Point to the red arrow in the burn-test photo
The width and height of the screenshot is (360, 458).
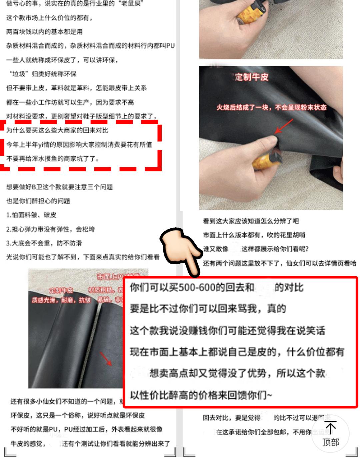283,127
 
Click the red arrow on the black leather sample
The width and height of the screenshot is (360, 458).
106,359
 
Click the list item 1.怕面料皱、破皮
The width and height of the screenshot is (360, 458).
31,215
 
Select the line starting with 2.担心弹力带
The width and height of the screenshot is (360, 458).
50,229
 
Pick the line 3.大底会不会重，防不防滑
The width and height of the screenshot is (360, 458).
44,243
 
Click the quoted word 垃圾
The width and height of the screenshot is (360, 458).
19,74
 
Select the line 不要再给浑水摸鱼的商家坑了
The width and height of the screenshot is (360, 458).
53,159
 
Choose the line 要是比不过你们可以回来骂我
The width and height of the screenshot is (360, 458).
208,309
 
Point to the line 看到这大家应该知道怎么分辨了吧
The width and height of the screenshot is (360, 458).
251,221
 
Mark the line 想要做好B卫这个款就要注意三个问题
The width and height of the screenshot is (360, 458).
59,187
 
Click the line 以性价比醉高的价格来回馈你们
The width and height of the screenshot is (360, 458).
201,396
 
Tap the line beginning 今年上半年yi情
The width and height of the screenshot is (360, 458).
79,145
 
